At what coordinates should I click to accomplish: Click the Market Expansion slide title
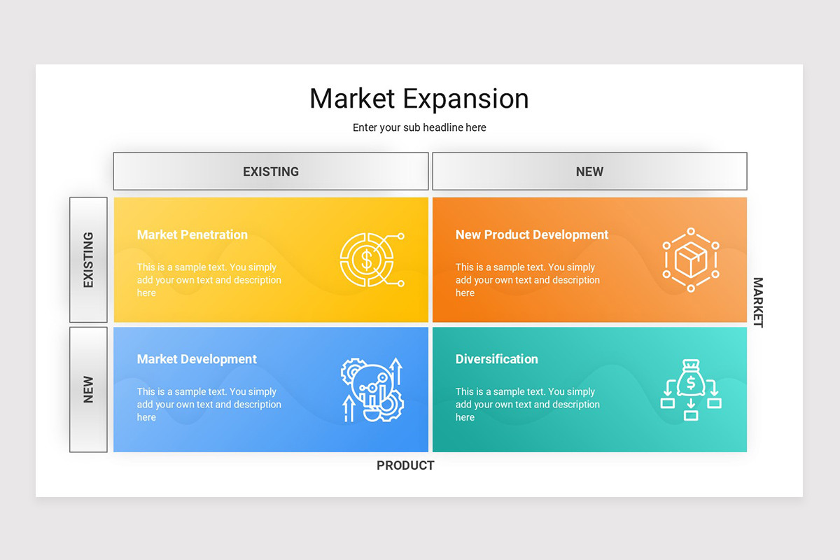coord(419,99)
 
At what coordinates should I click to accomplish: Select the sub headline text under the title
coord(419,127)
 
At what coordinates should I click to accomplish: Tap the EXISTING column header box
coord(271,171)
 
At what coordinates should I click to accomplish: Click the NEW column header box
coord(589,171)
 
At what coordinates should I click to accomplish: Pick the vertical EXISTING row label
coord(88,260)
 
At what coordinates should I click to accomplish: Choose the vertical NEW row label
coord(88,389)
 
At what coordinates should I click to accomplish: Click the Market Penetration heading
coord(192,235)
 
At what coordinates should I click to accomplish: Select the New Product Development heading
coord(532,235)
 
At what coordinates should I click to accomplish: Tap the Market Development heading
coord(197,359)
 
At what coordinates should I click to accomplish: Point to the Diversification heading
coord(497,359)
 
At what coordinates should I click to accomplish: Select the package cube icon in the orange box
coord(691,260)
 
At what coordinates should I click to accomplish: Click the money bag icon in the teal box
coord(691,389)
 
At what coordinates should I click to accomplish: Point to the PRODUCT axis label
coord(405,465)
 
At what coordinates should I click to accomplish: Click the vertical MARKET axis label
coord(758,302)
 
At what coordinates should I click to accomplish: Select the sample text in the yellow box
coord(209,280)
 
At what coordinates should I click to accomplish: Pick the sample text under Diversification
coord(527,405)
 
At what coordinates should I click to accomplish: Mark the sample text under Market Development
coord(209,405)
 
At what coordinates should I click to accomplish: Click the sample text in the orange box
coord(527,280)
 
